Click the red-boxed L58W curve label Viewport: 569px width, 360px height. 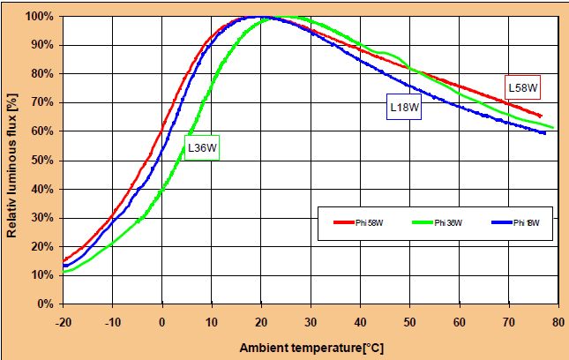click(x=522, y=86)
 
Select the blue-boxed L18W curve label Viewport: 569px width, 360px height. click(x=405, y=107)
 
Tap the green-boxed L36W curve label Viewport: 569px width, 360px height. click(x=200, y=148)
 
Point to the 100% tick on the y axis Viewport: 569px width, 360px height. click(x=42, y=17)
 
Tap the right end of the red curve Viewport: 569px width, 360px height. click(x=541, y=116)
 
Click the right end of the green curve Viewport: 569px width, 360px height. click(x=553, y=127)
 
